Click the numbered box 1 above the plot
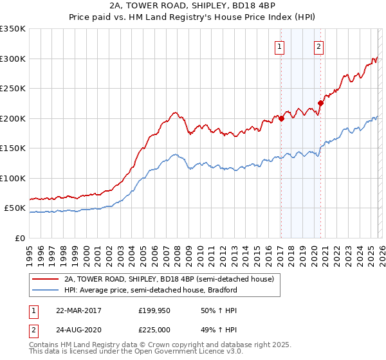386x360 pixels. [x=280, y=46]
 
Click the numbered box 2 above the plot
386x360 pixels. [x=319, y=46]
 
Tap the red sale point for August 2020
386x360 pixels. [x=320, y=104]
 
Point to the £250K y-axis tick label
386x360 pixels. [x=13, y=89]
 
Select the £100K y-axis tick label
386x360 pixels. [x=13, y=178]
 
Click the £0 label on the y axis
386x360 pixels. [x=19, y=238]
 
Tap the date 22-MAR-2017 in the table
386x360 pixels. [x=78, y=310]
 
